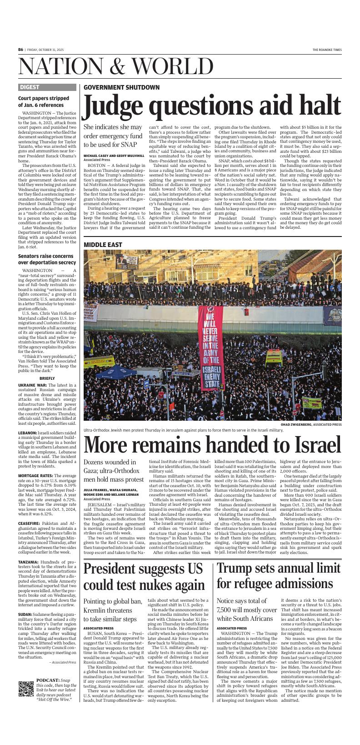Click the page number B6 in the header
tap(21, 50)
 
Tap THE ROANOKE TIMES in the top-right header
tap(326, 50)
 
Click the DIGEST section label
tap(30, 87)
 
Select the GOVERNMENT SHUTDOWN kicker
tap(121, 87)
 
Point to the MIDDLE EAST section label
tap(103, 245)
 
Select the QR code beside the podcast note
tap(26, 702)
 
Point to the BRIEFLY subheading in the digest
tap(47, 378)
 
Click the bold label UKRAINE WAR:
tap(33, 385)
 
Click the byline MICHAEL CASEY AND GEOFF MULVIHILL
tap(114, 156)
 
